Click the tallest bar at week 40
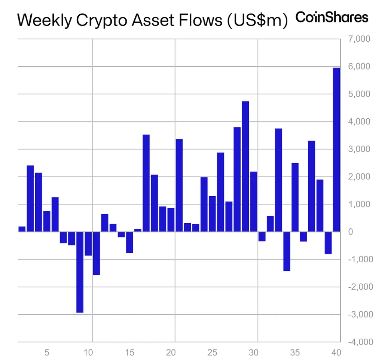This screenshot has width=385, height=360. tap(336, 150)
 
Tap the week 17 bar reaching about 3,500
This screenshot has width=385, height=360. tap(146, 183)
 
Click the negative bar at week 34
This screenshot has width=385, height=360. tap(287, 251)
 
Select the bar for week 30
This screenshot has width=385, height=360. tap(254, 202)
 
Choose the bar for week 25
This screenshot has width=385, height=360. tap(212, 214)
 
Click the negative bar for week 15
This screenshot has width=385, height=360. tap(129, 242)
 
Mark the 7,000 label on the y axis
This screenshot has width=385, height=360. tap(359, 39)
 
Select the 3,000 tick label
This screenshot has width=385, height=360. tap(359, 149)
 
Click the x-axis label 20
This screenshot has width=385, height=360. tap(171, 353)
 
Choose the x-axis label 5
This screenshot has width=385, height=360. tap(47, 353)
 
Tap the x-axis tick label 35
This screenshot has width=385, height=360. tap(295, 353)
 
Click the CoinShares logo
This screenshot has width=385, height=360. tap(332, 17)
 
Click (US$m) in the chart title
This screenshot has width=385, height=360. tap(257, 20)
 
